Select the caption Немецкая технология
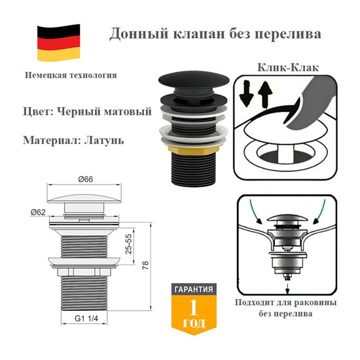point(71,75)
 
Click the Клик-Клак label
point(274,67)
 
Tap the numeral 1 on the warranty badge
point(193,308)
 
